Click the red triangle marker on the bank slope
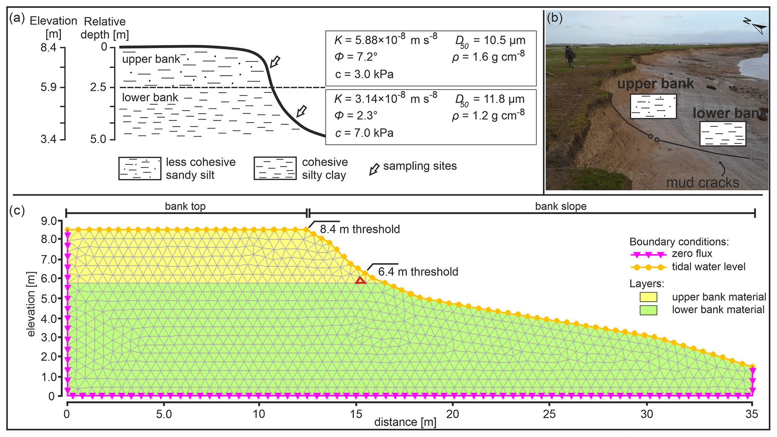tap(360, 280)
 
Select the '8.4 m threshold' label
tap(360, 229)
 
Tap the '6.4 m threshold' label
tap(418, 272)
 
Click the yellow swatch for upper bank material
tap(648, 297)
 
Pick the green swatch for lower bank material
tap(648, 310)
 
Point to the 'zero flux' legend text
tap(692, 253)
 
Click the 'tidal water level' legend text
tap(709, 267)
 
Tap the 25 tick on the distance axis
tap(550, 414)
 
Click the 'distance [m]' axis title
tap(405, 422)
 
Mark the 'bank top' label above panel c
tap(185, 206)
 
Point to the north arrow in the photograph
tap(756, 26)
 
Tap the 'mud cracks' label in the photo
tap(703, 183)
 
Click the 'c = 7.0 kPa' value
tap(364, 133)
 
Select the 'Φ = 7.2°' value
tap(356, 57)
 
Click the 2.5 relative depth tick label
tap(98, 87)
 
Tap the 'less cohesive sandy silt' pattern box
tap(139, 168)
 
